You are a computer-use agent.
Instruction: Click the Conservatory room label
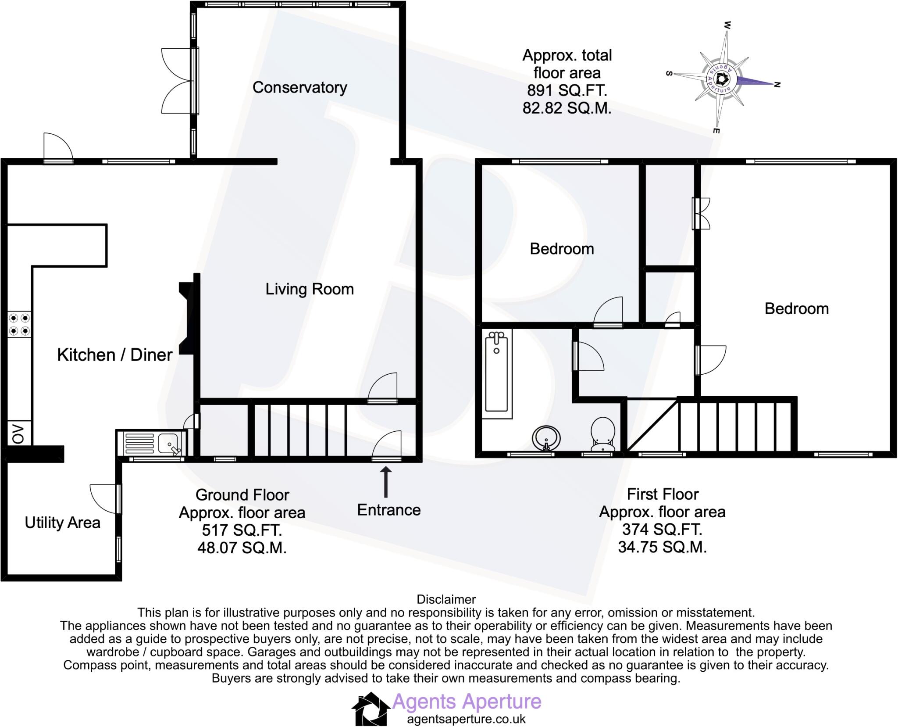point(299,87)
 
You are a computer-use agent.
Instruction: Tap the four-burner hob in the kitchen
point(19,324)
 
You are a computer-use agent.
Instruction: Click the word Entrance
point(388,510)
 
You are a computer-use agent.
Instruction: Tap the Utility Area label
point(62,523)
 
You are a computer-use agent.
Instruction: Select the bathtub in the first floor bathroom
point(497,373)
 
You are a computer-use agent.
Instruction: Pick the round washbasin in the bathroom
point(546,438)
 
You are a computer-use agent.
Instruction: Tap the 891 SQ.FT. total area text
point(567,90)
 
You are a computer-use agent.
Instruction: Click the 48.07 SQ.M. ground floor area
point(242,548)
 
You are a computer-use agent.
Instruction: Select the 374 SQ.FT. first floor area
point(662,530)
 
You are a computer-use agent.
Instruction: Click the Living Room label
point(310,289)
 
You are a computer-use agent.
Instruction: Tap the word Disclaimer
point(446,599)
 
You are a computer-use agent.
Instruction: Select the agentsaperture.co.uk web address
point(466,719)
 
